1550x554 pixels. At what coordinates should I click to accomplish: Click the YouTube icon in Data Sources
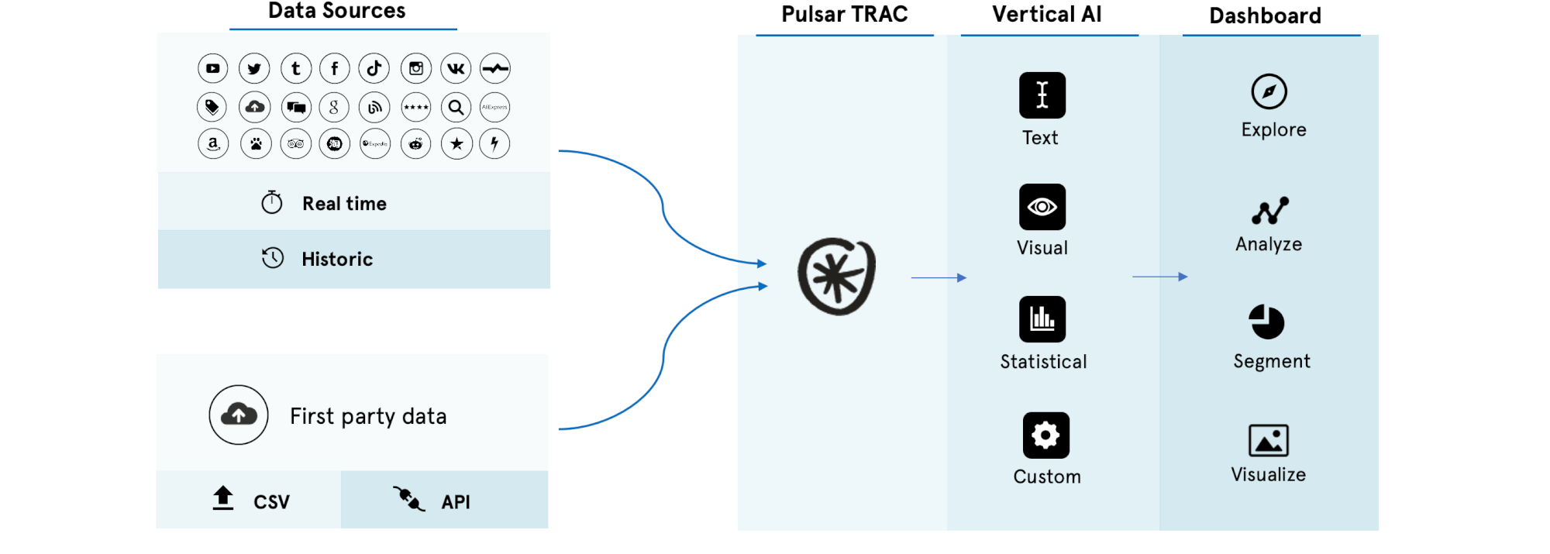tap(213, 68)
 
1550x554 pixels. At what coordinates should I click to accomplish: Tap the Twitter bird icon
tap(254, 68)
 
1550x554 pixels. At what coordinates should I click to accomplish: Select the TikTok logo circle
tap(374, 68)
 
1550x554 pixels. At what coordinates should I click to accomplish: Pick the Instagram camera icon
tap(416, 68)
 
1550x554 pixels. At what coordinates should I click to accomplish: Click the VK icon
tap(456, 68)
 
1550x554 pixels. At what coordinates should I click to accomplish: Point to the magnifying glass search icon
tap(456, 107)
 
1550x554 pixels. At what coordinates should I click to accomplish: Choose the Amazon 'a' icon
tap(213, 143)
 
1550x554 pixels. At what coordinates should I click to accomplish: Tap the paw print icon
tap(256, 143)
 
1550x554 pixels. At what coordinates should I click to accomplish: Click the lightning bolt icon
tap(494, 143)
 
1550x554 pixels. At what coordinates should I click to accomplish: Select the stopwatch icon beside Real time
tap(272, 202)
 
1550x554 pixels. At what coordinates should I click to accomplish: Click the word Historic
tap(337, 259)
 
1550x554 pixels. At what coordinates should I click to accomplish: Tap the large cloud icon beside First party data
tap(239, 415)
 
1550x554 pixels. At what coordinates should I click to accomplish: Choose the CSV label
tap(271, 502)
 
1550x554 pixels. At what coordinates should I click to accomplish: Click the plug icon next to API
tap(408, 498)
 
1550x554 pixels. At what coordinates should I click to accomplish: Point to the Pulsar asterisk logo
tap(837, 277)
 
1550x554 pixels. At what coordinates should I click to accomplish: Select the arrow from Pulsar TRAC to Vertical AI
tap(939, 277)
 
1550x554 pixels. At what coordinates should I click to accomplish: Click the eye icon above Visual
tap(1042, 207)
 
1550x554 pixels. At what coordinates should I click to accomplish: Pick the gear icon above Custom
tap(1045, 435)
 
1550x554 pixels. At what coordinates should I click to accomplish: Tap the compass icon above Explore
tap(1269, 91)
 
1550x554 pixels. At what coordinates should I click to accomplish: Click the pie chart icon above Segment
tap(1266, 322)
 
